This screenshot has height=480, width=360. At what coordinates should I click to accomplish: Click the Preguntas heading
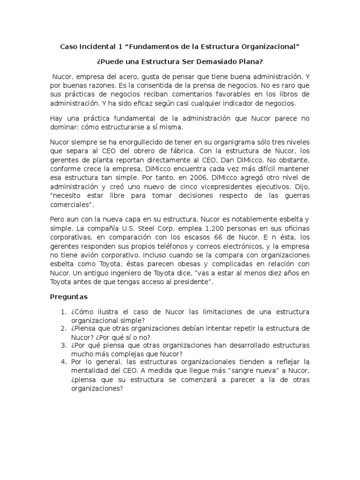pyautogui.click(x=68, y=297)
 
